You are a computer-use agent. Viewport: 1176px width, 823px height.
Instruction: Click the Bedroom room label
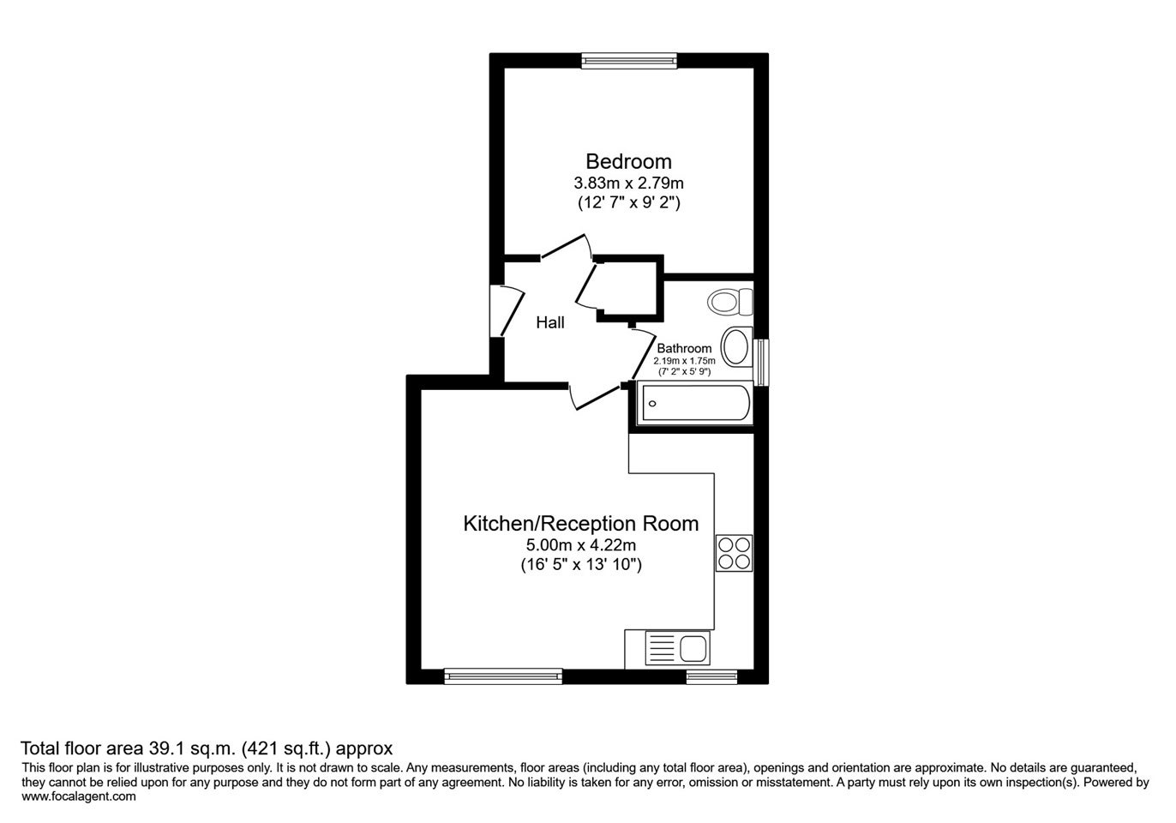(628, 161)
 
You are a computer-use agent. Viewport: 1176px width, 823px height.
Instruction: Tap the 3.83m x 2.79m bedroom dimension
(628, 183)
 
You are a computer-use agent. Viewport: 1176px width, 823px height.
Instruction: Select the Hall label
(550, 322)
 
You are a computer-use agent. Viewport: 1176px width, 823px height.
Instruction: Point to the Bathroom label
(684, 348)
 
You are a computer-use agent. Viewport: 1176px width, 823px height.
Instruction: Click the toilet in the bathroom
(730, 302)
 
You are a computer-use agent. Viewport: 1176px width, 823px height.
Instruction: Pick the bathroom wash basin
(736, 346)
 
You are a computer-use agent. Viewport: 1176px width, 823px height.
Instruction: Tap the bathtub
(694, 404)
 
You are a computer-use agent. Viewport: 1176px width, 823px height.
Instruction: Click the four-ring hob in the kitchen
(734, 553)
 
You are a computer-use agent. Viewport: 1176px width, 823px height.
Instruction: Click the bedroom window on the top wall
(629, 61)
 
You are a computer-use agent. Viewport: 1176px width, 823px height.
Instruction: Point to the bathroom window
(761, 363)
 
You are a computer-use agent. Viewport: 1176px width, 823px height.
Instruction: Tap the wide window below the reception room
(503, 676)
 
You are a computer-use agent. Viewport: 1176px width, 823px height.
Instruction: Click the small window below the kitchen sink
(712, 676)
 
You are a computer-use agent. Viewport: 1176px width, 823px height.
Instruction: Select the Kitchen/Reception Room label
(580, 524)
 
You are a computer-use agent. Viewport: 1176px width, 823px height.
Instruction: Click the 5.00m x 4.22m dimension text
(580, 545)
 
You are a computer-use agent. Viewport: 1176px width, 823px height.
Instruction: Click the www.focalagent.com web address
(79, 796)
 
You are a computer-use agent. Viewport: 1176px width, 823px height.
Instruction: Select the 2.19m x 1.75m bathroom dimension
(684, 361)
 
